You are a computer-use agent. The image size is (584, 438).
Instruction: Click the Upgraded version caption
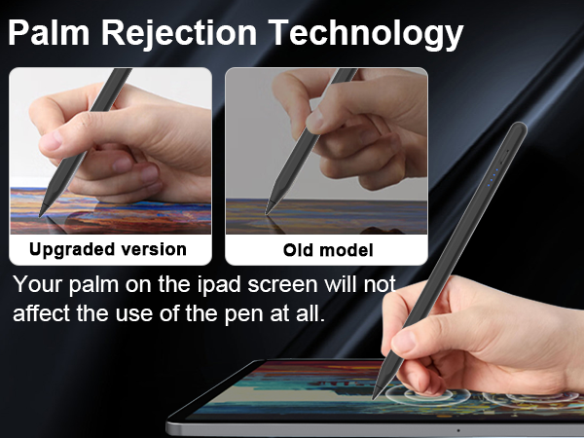coord(108,249)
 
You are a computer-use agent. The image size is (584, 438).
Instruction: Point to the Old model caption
coord(328,250)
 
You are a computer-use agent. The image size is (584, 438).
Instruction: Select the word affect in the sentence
coord(44,315)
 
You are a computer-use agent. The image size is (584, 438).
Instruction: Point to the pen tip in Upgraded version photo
coord(41,215)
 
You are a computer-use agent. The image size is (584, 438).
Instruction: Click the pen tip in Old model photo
coord(270,211)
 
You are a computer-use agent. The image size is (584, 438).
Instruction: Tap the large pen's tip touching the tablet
coord(375,394)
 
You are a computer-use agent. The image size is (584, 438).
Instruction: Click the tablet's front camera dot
coord(456,429)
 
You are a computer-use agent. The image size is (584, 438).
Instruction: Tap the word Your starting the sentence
coord(40,287)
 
